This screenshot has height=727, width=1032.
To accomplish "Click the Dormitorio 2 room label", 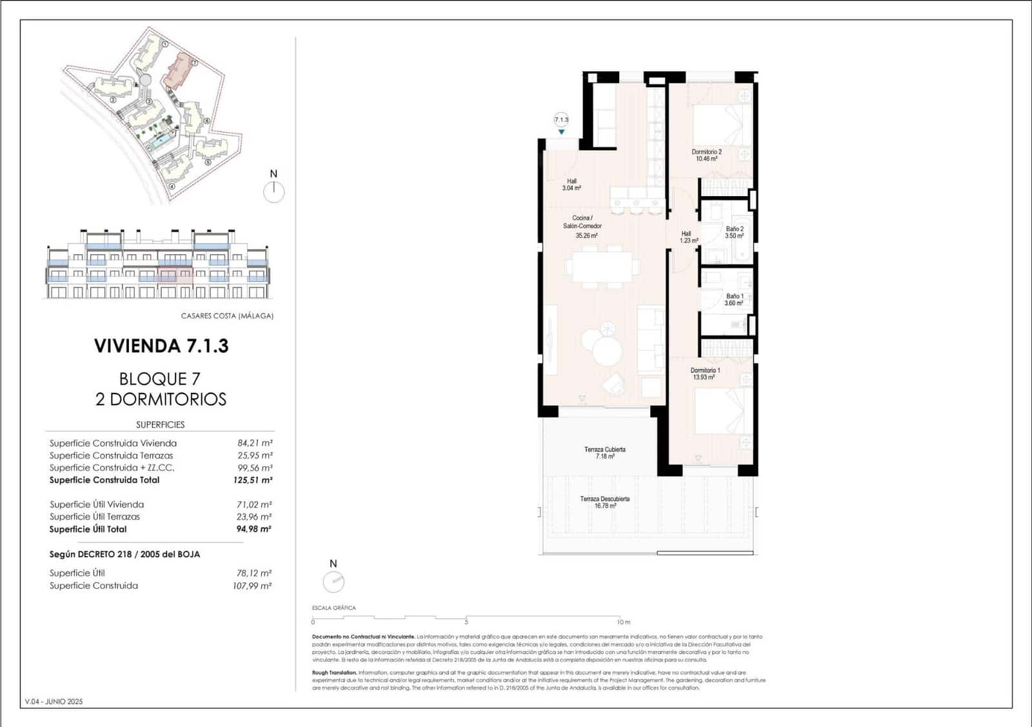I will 706,155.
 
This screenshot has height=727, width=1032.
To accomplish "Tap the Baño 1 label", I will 734,299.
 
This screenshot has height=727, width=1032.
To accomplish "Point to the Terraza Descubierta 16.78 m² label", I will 604,502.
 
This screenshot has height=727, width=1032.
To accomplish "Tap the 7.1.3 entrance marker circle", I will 561,119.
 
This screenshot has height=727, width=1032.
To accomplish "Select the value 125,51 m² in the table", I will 252,480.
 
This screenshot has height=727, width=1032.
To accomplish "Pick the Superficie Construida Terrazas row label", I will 111,455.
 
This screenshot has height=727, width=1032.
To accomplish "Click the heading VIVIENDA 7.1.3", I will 161,346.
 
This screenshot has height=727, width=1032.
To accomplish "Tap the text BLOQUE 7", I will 160,379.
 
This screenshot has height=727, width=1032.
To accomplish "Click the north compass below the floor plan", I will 333,582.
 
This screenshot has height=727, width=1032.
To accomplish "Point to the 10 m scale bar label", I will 623,622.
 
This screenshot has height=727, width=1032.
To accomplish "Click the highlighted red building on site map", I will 177,72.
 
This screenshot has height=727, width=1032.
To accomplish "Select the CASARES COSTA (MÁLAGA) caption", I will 227,316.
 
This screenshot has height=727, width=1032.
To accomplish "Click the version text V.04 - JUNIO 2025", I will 54,701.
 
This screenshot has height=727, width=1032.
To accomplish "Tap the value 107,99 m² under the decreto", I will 252,586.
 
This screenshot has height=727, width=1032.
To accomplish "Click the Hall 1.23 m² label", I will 688,237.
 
